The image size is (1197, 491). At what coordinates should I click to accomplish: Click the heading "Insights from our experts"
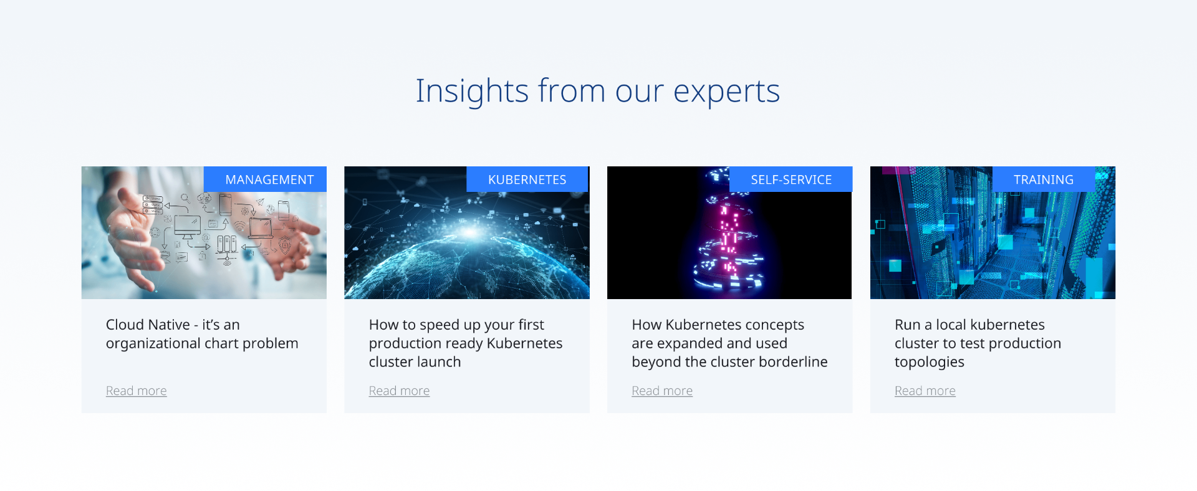598,91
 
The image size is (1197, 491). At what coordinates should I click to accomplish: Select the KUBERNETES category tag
527,179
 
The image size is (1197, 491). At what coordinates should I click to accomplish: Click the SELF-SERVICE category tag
791,179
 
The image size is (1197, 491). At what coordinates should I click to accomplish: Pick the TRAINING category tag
1044,179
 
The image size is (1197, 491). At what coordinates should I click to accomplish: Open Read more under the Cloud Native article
137,391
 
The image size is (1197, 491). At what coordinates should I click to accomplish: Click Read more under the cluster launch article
399,391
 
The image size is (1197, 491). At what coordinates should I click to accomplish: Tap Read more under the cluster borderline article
662,391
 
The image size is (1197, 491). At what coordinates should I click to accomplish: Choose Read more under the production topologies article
925,391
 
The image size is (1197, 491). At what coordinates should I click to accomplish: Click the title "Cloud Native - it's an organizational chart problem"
202,334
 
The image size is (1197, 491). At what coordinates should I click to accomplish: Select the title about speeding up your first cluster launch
466,343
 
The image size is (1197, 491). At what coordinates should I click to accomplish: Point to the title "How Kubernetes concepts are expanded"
729,343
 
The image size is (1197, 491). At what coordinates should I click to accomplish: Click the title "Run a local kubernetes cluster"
978,343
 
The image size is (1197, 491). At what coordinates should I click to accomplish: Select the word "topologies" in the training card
930,363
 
